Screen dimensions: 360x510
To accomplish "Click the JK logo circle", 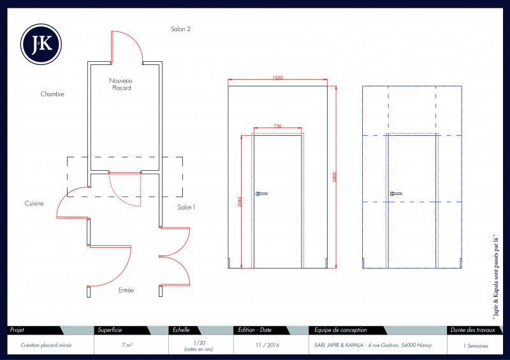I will click(41, 44).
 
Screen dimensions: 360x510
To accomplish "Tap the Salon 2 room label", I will click(180, 29).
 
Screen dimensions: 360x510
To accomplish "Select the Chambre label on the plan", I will click(52, 94).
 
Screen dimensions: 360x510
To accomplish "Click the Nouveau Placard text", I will click(120, 85).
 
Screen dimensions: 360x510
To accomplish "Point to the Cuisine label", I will click(34, 203).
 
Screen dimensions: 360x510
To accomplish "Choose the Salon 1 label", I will click(186, 208).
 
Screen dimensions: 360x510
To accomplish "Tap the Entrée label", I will click(126, 291).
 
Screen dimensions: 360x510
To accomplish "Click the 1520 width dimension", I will click(278, 78).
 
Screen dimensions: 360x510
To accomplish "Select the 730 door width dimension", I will click(277, 126).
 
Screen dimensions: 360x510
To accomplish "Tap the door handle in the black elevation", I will click(261, 193).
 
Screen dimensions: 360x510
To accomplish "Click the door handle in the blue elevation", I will click(396, 193).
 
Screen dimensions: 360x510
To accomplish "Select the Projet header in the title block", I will click(17, 330).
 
